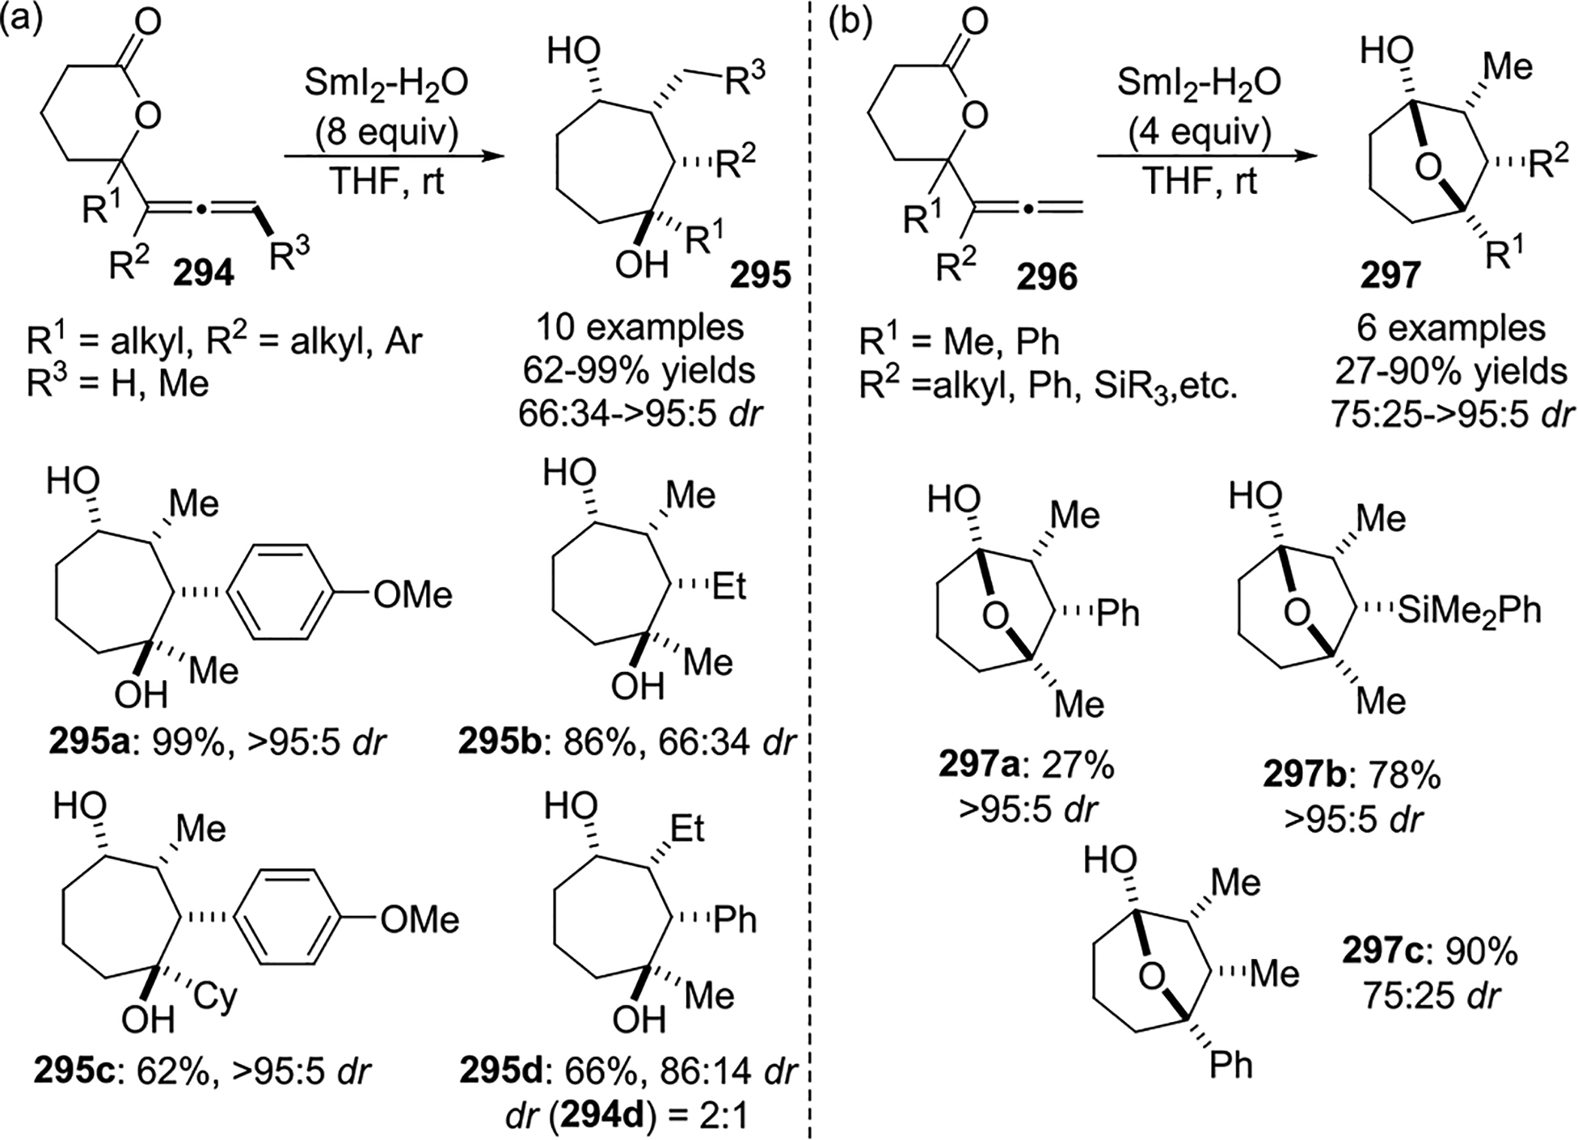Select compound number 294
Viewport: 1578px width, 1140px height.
[x=204, y=275]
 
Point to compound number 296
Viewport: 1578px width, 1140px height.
[x=1047, y=278]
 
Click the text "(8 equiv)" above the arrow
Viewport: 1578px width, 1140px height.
[x=385, y=133]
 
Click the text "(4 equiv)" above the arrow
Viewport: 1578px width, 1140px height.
[x=1199, y=133]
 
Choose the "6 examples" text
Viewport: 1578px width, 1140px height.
[x=1451, y=328]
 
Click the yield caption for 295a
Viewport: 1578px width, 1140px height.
[x=218, y=742]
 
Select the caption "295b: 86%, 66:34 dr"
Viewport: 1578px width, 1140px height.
[x=627, y=742]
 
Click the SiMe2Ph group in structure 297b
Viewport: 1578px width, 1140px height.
[x=1469, y=610]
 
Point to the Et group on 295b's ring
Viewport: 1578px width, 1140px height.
[x=729, y=586]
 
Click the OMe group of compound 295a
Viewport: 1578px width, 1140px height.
[x=413, y=595]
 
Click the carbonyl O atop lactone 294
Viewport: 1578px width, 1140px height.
[x=149, y=22]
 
